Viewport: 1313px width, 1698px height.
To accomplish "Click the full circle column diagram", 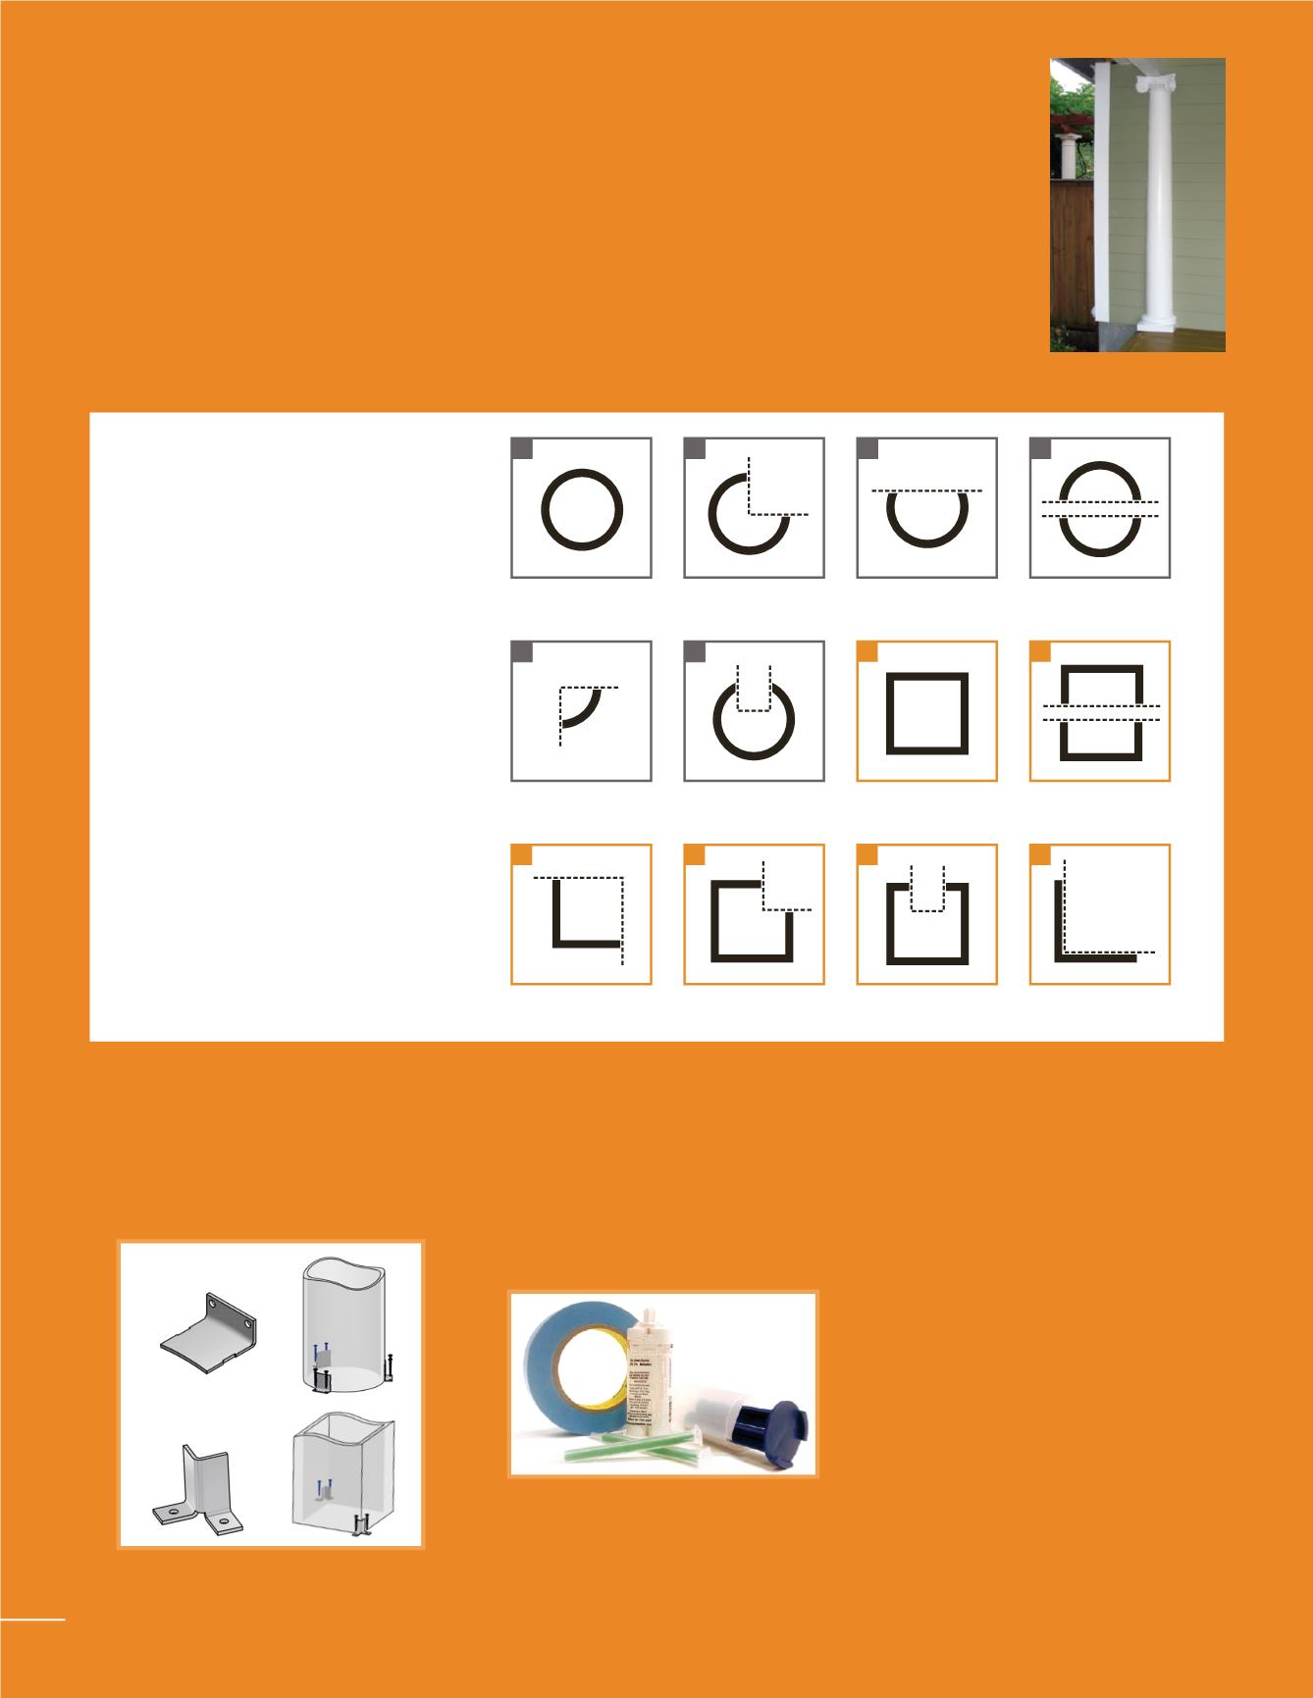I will (582, 508).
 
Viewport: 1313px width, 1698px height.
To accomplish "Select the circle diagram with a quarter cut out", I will (754, 508).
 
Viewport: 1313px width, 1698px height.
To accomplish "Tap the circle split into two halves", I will (1099, 508).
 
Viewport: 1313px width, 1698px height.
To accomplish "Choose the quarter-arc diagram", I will (582, 711).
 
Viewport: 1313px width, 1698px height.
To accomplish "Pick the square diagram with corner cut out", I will (754, 917).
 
